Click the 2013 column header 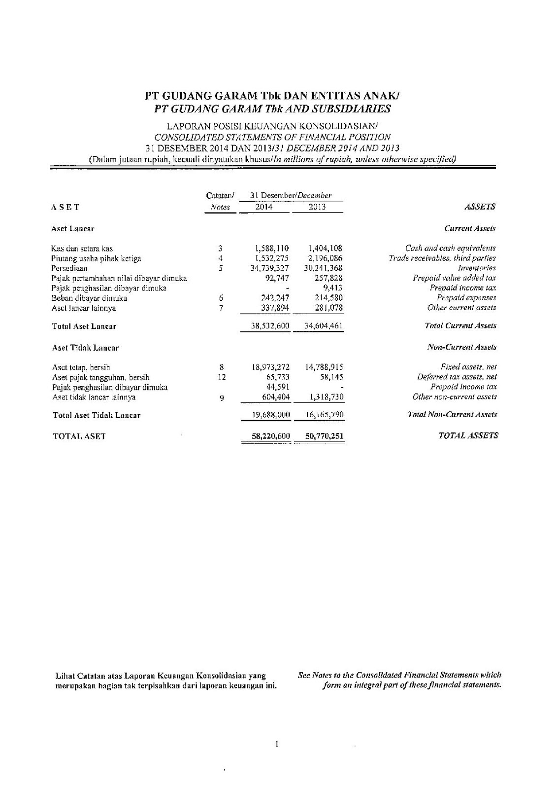(x=317, y=207)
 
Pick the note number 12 (x=222, y=377)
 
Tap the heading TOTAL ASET (x=79, y=436)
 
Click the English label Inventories (x=483, y=268)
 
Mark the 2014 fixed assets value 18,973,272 (x=270, y=367)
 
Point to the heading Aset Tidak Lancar (x=85, y=348)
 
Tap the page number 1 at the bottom (x=278, y=744)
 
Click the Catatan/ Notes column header (x=220, y=202)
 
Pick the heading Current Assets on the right (x=470, y=229)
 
